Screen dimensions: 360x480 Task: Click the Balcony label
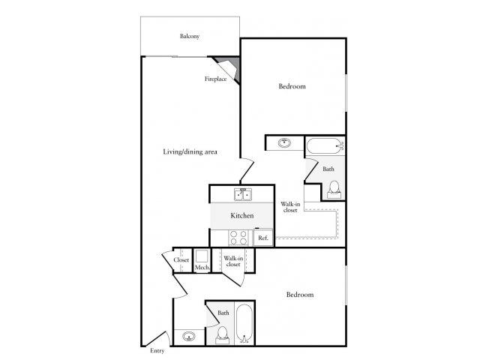tap(188, 36)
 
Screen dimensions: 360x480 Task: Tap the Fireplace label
tap(216, 79)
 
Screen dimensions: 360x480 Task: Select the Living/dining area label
tap(190, 152)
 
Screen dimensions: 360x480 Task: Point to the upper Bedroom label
tap(292, 87)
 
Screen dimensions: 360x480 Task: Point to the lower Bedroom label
tap(300, 295)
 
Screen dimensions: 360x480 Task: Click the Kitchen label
tap(241, 216)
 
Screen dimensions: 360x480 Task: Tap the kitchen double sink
tap(242, 195)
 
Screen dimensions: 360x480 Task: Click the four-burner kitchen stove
tap(238, 237)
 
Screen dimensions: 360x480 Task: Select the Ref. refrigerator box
tap(262, 238)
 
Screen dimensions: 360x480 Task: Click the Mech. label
tap(201, 268)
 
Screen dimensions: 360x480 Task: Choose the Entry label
tap(157, 350)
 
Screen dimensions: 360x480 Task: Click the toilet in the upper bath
tap(334, 188)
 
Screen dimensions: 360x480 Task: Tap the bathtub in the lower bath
tap(244, 324)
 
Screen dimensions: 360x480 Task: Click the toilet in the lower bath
tap(223, 334)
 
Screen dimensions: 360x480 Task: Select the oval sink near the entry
tap(187, 336)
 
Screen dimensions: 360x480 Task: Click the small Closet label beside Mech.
tap(181, 260)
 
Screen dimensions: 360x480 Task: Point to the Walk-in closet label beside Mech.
tap(232, 261)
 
